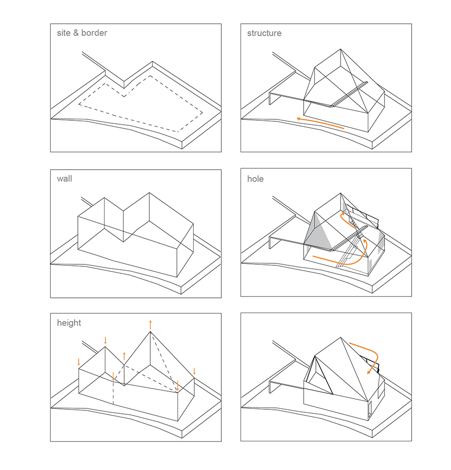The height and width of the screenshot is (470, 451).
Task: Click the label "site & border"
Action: tap(82, 34)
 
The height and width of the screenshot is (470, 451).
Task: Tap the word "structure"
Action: tap(264, 34)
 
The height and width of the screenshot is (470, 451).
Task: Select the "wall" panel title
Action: tap(64, 179)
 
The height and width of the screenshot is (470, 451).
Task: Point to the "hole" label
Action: tap(255, 179)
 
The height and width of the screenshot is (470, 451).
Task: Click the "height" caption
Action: tap(69, 323)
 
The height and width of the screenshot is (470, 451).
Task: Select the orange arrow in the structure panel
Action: tap(320, 123)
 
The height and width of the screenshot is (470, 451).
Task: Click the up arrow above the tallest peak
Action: tap(150, 324)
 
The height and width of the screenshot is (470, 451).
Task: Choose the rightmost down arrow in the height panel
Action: tap(194, 371)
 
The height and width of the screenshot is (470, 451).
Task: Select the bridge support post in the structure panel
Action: tap(271, 99)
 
